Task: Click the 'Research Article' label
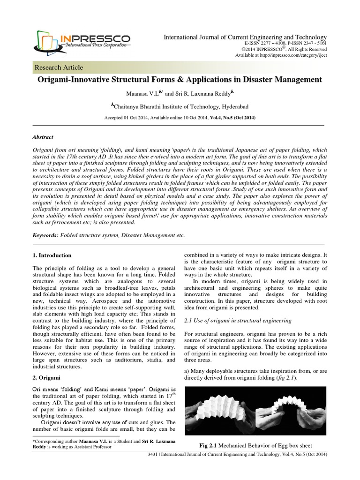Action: point(59,67)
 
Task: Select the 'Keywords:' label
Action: point(46,234)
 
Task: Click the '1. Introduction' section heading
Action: point(52,255)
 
